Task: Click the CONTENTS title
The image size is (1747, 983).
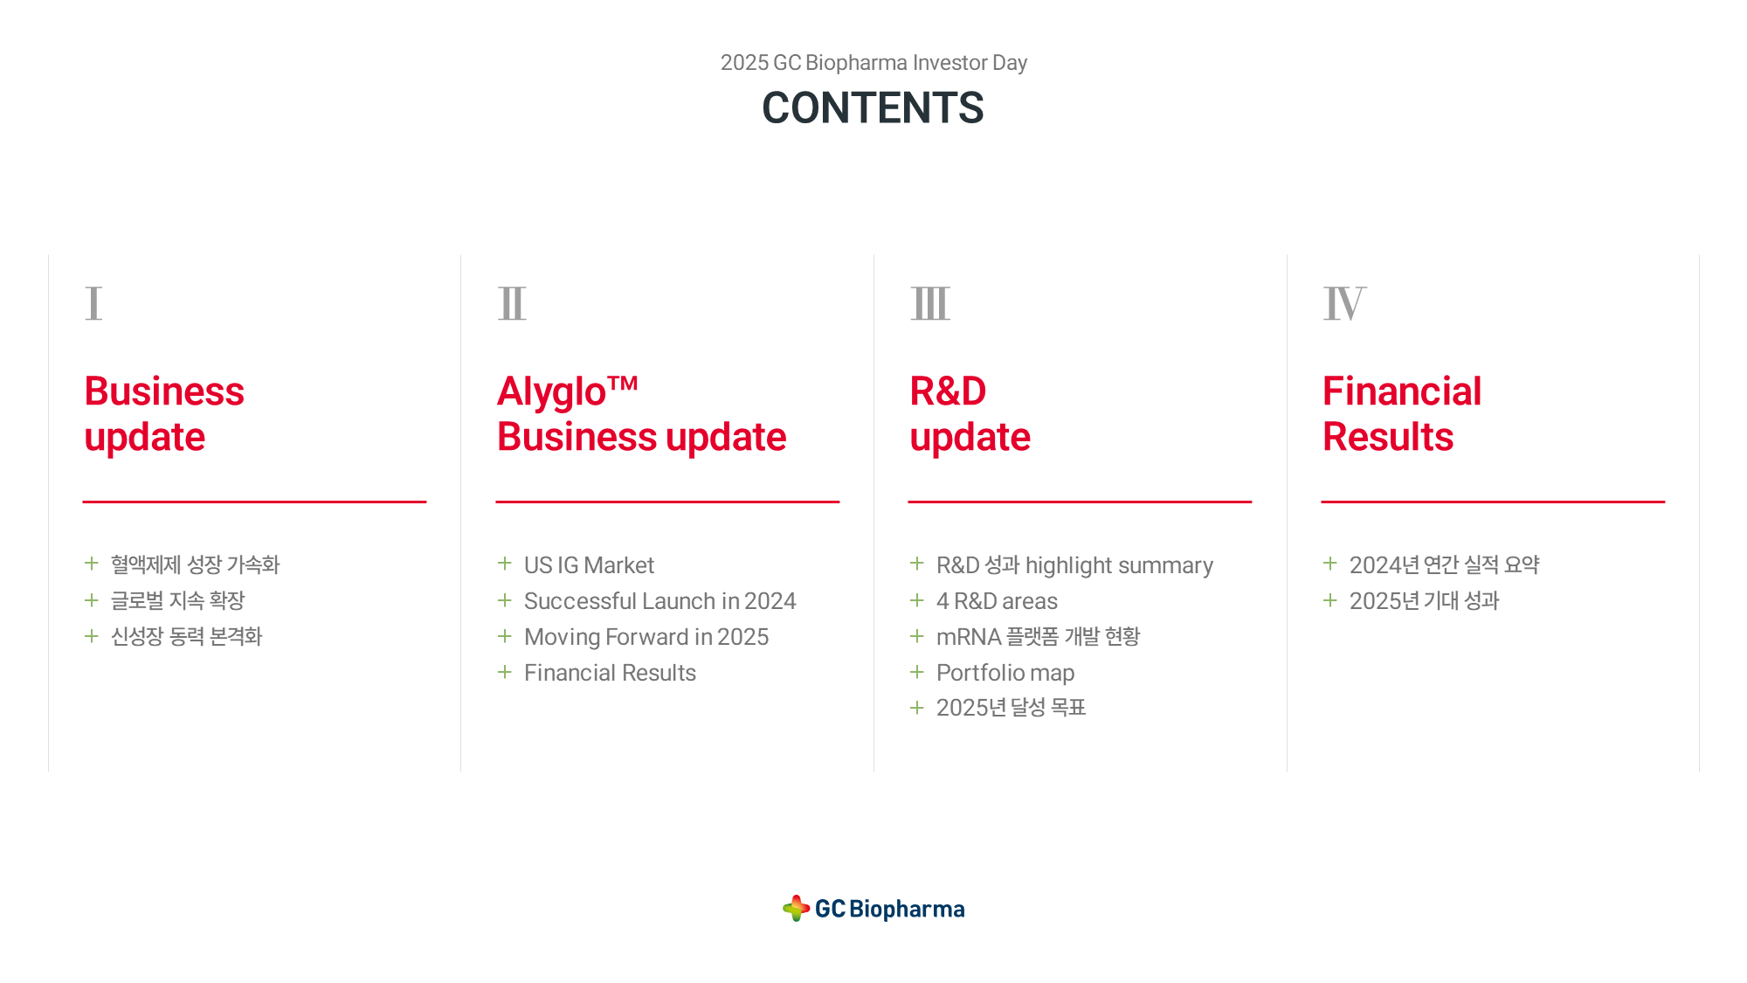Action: tap(873, 108)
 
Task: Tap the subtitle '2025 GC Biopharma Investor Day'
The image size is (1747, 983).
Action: tap(873, 63)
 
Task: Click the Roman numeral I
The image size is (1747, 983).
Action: tap(93, 303)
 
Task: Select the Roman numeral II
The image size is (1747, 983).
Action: tap(512, 303)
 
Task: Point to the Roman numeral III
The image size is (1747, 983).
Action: tap(930, 303)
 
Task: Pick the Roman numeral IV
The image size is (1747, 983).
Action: tap(1344, 303)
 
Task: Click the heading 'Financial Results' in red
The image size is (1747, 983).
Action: tap(1402, 414)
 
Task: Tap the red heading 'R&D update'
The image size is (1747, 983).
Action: tap(970, 414)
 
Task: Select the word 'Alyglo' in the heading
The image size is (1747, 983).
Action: tap(552, 392)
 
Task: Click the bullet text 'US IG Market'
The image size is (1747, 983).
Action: tap(589, 565)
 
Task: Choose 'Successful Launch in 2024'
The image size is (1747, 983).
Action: tap(659, 601)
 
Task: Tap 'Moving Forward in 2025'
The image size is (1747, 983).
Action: tap(646, 637)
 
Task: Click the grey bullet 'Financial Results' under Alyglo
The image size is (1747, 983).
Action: tap(610, 673)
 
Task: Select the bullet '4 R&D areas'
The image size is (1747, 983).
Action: tap(997, 601)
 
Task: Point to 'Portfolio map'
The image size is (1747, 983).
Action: tap(1005, 673)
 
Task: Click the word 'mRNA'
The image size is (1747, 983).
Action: tap(969, 637)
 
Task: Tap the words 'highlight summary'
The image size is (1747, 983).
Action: tap(1119, 565)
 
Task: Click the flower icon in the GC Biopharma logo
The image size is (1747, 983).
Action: tap(796, 908)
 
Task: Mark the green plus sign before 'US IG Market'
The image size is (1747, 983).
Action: tap(504, 564)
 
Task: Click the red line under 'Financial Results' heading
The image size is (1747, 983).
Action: tap(1493, 502)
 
